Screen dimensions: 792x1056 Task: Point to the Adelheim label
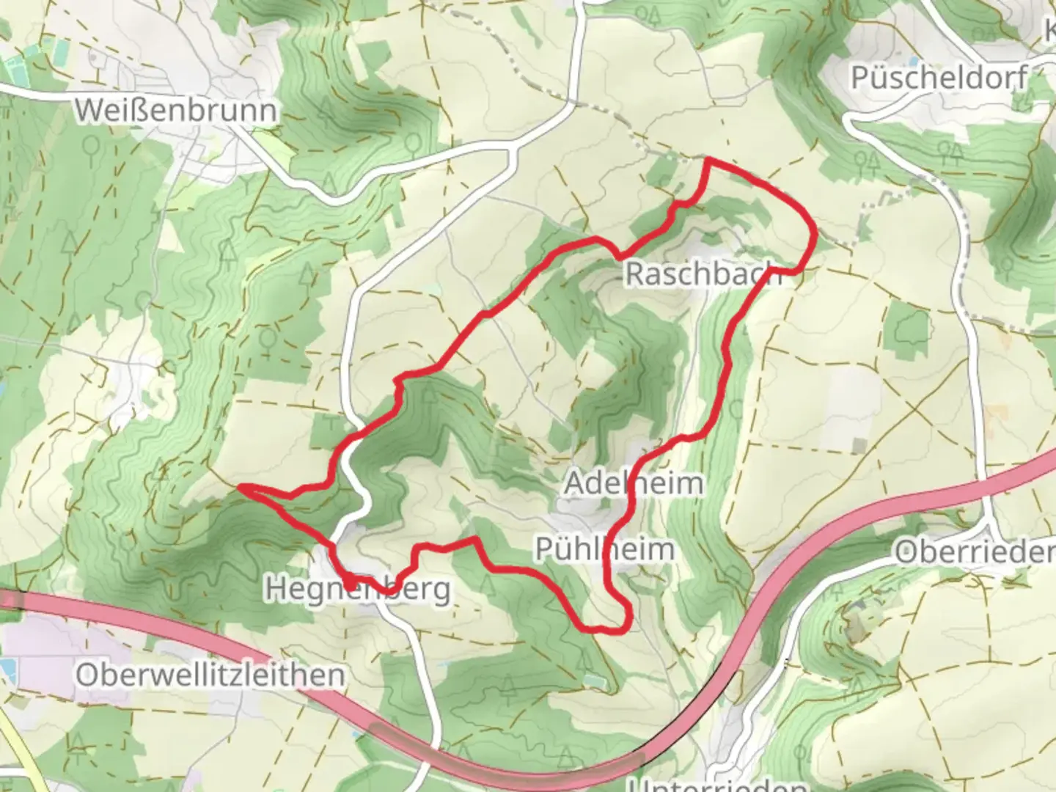[634, 483]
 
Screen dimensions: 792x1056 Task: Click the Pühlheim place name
[604, 549]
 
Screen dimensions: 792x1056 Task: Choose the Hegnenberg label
[358, 589]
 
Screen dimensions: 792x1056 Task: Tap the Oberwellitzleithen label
[210, 675]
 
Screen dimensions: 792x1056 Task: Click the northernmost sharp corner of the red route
[707, 159]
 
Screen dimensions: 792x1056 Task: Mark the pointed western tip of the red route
[241, 486]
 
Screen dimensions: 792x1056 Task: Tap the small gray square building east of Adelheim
[858, 444]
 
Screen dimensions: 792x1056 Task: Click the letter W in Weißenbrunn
[89, 110]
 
